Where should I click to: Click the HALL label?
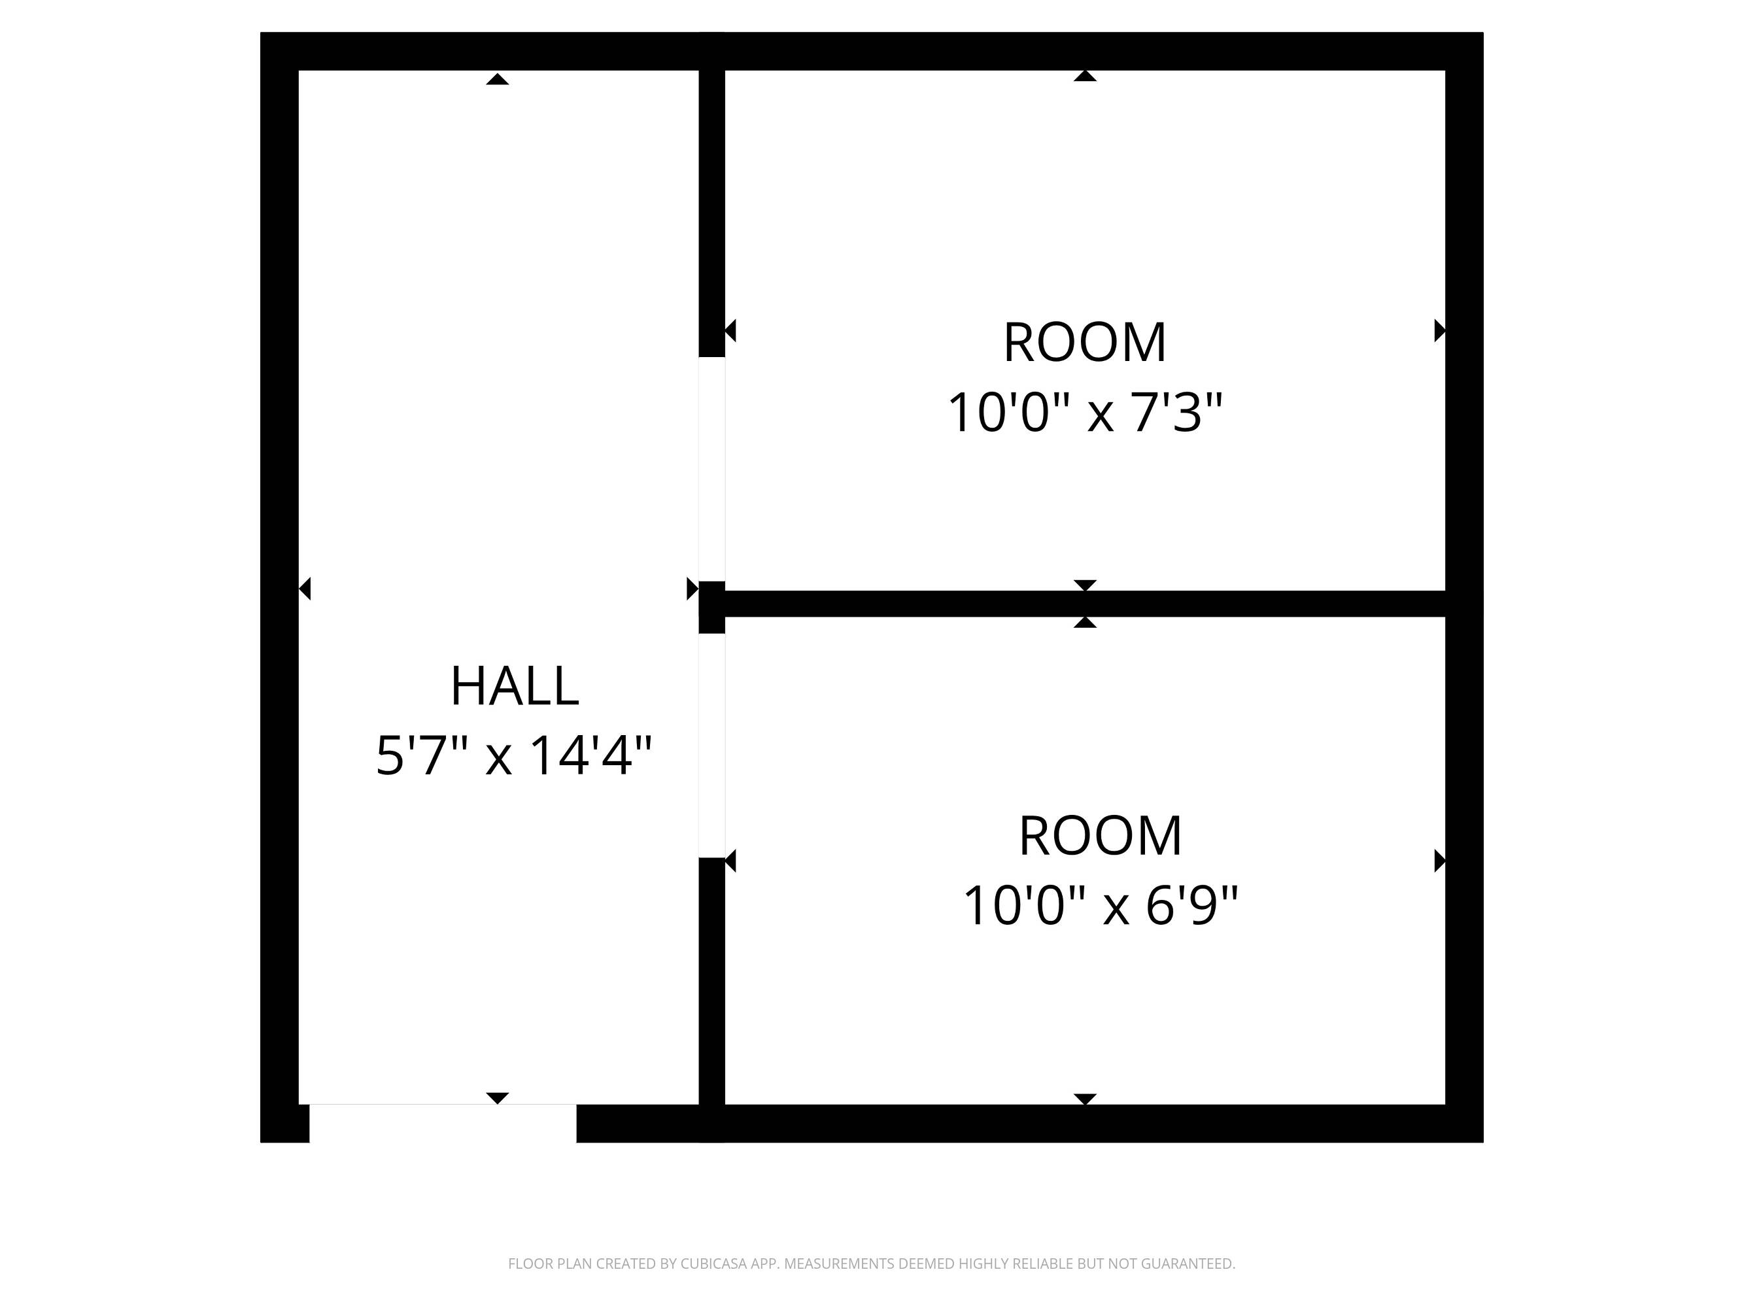click(515, 686)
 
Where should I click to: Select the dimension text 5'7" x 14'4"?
click(514, 756)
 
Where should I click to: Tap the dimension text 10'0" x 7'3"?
click(1085, 413)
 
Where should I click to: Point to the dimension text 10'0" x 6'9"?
click(1101, 906)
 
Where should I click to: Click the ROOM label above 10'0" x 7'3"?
click(1085, 343)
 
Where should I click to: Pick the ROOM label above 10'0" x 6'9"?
click(1101, 836)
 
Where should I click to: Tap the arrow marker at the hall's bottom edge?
click(497, 1098)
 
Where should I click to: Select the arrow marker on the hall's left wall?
click(305, 589)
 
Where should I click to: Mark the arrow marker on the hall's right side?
click(692, 589)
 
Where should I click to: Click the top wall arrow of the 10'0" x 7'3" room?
click(1085, 76)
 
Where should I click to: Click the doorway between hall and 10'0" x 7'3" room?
click(712, 469)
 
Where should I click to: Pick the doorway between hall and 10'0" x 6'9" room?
click(712, 745)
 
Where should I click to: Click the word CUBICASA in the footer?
click(713, 1264)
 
